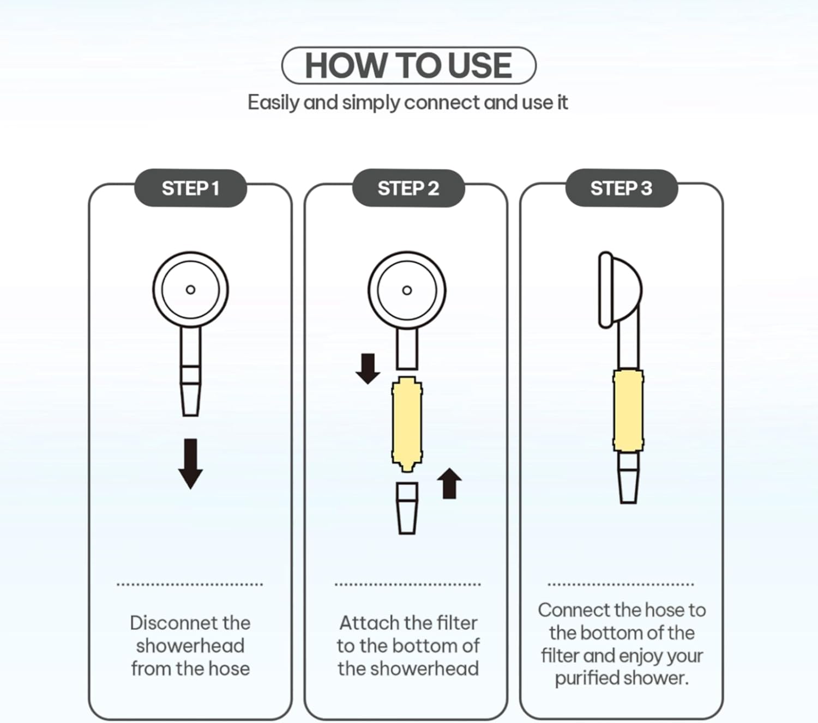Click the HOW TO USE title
408,65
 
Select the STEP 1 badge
190,188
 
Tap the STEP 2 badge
408,188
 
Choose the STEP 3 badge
621,188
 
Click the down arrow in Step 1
190,464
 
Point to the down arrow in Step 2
368,369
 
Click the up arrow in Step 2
449,483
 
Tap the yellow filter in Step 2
407,424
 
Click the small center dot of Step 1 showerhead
190,289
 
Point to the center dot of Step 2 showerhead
407,290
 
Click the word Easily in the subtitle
273,102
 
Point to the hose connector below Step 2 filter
407,508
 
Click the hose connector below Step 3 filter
628,478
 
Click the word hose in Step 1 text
229,669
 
